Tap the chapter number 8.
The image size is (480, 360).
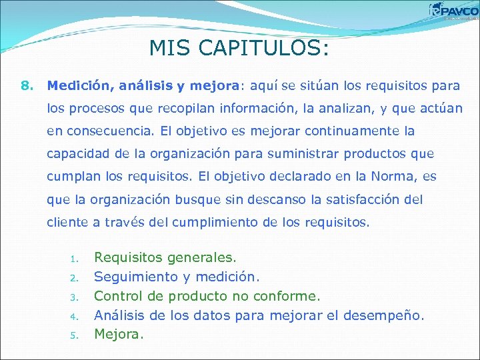coord(27,85)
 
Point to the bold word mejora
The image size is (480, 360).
coord(214,85)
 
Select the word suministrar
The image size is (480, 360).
coord(305,153)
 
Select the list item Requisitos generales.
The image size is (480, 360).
coord(165,257)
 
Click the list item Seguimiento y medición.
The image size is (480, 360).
coord(175,276)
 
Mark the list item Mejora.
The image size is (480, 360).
coord(118,333)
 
